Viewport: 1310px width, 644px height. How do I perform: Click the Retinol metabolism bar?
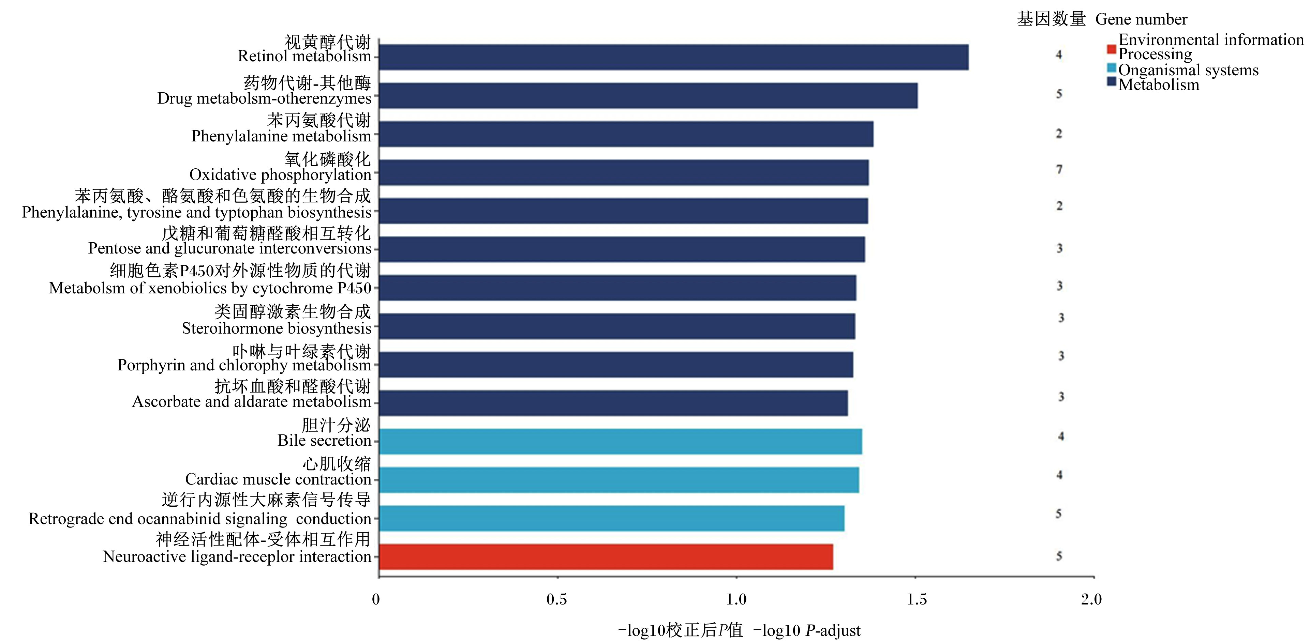click(x=674, y=57)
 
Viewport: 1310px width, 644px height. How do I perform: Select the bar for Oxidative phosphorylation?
click(x=624, y=172)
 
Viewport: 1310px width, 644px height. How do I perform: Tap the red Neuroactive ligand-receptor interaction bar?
click(x=606, y=556)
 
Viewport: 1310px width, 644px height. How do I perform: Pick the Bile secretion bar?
click(x=621, y=441)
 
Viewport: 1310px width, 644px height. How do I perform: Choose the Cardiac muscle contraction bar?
click(x=619, y=480)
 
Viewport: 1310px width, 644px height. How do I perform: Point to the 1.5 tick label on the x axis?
click(x=917, y=600)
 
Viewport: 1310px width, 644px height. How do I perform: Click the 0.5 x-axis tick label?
click(x=556, y=600)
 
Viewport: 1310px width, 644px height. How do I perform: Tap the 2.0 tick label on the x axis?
click(x=1091, y=600)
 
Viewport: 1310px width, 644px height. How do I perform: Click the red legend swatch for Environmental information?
click(x=1111, y=49)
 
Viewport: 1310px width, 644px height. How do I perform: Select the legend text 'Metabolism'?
click(x=1159, y=85)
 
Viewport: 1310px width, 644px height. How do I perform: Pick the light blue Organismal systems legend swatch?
click(x=1111, y=67)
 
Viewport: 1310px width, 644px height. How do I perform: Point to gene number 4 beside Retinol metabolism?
click(x=1059, y=55)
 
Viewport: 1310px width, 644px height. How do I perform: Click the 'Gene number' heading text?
click(x=1141, y=19)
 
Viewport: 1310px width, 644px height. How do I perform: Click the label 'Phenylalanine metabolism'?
click(x=281, y=136)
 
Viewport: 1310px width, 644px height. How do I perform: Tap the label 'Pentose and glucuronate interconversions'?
click(x=230, y=248)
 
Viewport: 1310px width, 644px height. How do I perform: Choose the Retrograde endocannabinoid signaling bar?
click(x=612, y=519)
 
